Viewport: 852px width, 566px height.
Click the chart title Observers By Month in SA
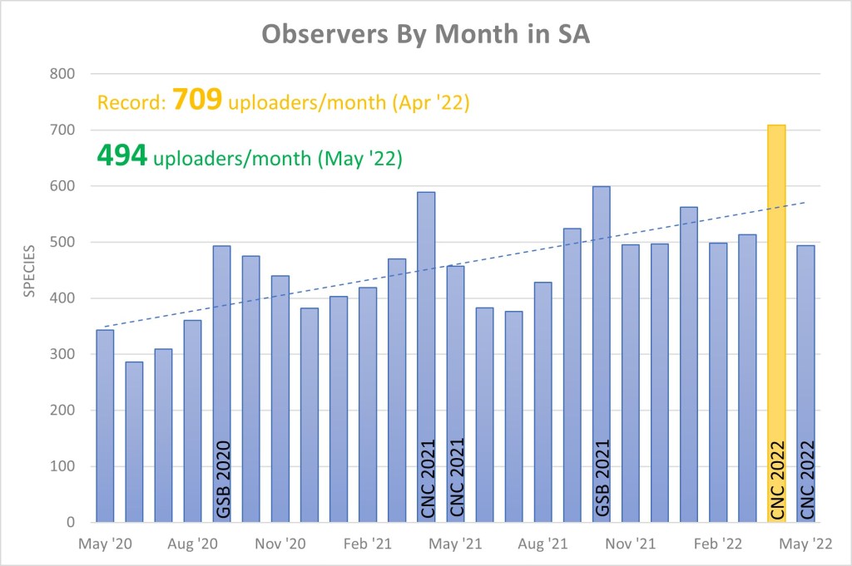pyautogui.click(x=426, y=34)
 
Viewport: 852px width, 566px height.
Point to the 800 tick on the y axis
pyautogui.click(x=64, y=74)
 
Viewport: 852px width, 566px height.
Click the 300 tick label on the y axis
pyautogui.click(x=64, y=354)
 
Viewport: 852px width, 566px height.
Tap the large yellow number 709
pyautogui.click(x=197, y=101)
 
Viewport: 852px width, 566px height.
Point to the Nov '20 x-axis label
pyautogui.click(x=282, y=545)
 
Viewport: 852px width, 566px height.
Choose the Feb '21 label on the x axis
pyautogui.click(x=369, y=545)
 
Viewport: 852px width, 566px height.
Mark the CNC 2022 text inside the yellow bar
pyautogui.click(x=777, y=480)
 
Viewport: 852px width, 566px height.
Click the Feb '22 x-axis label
pyautogui.click(x=718, y=545)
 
